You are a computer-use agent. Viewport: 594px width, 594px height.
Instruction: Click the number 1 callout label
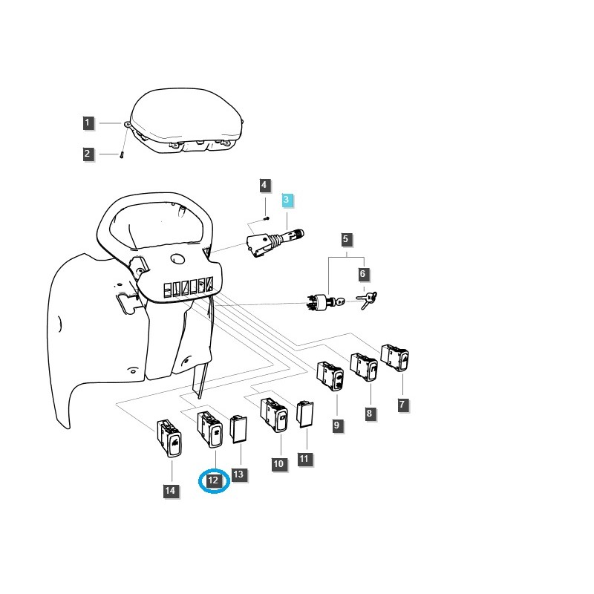click(x=88, y=123)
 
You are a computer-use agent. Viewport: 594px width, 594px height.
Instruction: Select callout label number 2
click(x=88, y=154)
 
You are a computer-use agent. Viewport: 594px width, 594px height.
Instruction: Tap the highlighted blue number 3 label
click(x=287, y=200)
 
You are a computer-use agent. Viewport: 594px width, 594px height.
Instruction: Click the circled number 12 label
click(x=214, y=480)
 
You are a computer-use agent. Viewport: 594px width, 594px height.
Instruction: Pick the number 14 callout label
click(x=171, y=491)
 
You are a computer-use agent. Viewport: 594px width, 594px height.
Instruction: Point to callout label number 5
click(x=346, y=239)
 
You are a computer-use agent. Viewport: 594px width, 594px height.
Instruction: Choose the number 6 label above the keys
click(x=363, y=274)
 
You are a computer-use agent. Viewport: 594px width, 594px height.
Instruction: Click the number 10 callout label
click(x=279, y=464)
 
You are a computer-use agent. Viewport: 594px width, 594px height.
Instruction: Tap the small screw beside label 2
click(x=122, y=154)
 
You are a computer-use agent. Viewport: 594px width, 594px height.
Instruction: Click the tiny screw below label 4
click(x=266, y=218)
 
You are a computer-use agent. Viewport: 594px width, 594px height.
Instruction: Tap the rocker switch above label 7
click(x=395, y=358)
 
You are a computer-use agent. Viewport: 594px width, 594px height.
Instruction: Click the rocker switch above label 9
click(x=330, y=375)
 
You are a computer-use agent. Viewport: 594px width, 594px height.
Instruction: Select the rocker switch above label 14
click(x=170, y=438)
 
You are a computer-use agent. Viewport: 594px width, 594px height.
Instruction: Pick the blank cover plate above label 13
click(x=239, y=429)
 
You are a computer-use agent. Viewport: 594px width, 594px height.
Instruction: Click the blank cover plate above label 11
click(x=305, y=414)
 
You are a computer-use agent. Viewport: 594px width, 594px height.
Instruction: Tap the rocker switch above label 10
click(x=274, y=415)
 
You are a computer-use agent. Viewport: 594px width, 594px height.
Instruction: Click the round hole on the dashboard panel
click(x=177, y=259)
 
